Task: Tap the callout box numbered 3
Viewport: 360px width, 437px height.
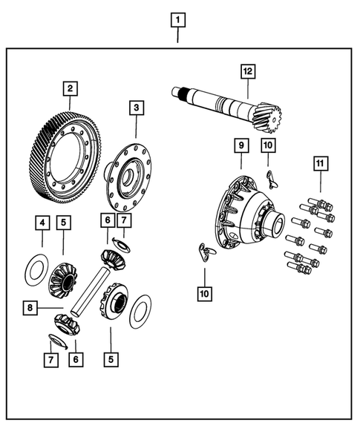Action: click(x=135, y=108)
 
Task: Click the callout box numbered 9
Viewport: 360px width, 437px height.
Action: click(x=240, y=145)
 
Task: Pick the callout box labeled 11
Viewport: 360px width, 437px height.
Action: click(x=320, y=163)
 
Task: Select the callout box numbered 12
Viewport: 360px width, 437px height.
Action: click(x=247, y=71)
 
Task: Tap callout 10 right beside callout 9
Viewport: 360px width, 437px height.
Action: click(x=268, y=145)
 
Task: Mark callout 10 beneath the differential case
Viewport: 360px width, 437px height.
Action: click(x=204, y=293)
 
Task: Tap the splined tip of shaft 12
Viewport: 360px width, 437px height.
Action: click(x=179, y=92)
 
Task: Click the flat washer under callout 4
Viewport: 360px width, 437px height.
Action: click(x=34, y=269)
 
